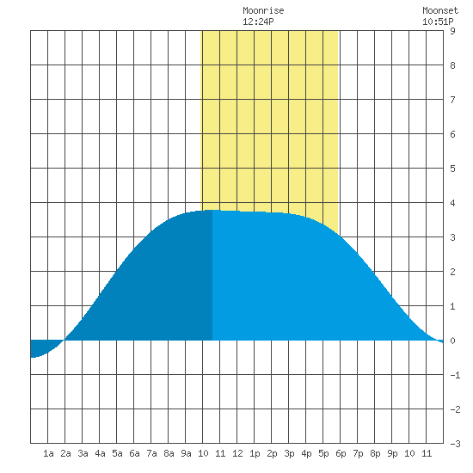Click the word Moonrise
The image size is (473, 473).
(263, 11)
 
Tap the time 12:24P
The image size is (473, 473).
(258, 21)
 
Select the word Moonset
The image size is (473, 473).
(440, 11)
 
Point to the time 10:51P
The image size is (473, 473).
(438, 21)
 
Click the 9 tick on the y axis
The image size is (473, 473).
(452, 31)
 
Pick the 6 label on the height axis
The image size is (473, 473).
(452, 134)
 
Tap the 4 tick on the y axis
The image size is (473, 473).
(452, 203)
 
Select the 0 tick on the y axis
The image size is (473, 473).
(452, 341)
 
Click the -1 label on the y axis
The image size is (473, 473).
(455, 375)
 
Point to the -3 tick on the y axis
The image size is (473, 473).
(455, 444)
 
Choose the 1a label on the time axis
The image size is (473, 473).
(48, 453)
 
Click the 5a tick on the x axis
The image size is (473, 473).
(117, 453)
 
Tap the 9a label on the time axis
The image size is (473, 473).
(186, 453)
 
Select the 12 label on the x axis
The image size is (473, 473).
(237, 453)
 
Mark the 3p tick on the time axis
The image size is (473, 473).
(289, 453)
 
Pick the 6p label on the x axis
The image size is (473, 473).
(341, 453)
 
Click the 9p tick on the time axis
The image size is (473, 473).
(392, 453)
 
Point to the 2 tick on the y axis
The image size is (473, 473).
(452, 272)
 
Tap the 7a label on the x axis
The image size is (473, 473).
(151, 453)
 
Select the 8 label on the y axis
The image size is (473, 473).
(452, 65)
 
